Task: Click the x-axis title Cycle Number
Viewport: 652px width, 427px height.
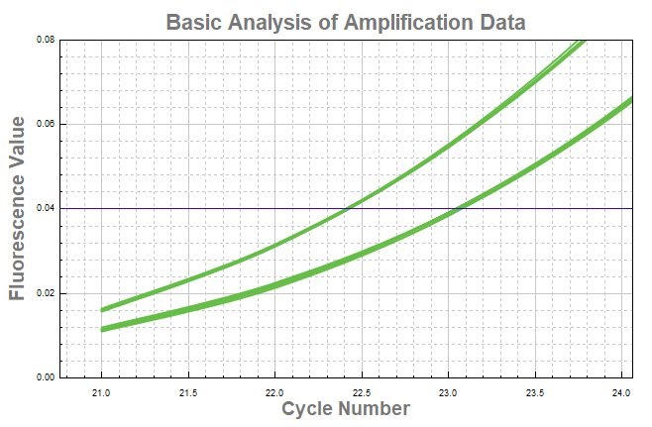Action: (346, 408)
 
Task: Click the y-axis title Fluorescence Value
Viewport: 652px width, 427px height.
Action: (18, 208)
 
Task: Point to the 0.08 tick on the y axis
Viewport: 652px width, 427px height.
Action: (46, 40)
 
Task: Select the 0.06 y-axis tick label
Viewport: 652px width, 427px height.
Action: (46, 124)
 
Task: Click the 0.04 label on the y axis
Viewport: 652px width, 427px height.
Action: (46, 209)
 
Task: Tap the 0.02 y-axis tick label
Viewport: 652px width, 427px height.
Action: (46, 293)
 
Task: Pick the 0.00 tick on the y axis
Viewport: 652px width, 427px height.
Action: (46, 377)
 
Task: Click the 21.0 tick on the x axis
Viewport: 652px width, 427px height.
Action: (102, 391)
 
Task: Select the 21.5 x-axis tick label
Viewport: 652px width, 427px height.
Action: (188, 391)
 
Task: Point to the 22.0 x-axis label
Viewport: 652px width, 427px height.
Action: (275, 391)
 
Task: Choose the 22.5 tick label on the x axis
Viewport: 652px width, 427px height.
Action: (362, 391)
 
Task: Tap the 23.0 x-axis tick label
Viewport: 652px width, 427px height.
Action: (448, 391)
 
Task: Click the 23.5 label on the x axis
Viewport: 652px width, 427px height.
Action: (534, 391)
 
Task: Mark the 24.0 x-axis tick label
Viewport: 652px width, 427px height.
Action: (621, 391)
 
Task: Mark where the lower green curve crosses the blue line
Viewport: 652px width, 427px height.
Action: (457, 209)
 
